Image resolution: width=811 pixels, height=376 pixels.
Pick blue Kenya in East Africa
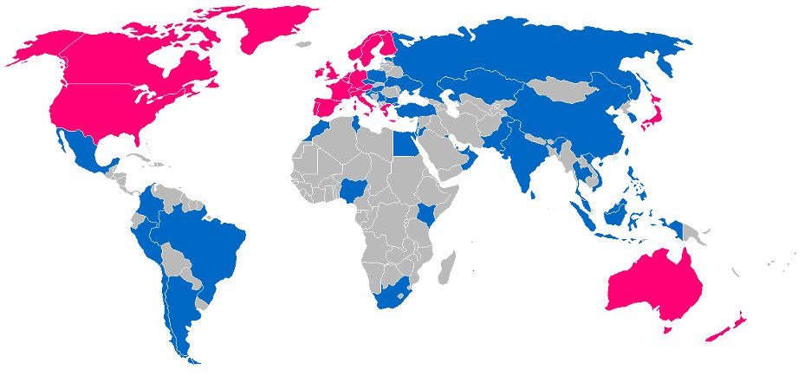(x=425, y=213)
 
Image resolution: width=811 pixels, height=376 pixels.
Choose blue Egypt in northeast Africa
(x=404, y=142)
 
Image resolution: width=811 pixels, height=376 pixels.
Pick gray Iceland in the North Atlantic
(x=302, y=44)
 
